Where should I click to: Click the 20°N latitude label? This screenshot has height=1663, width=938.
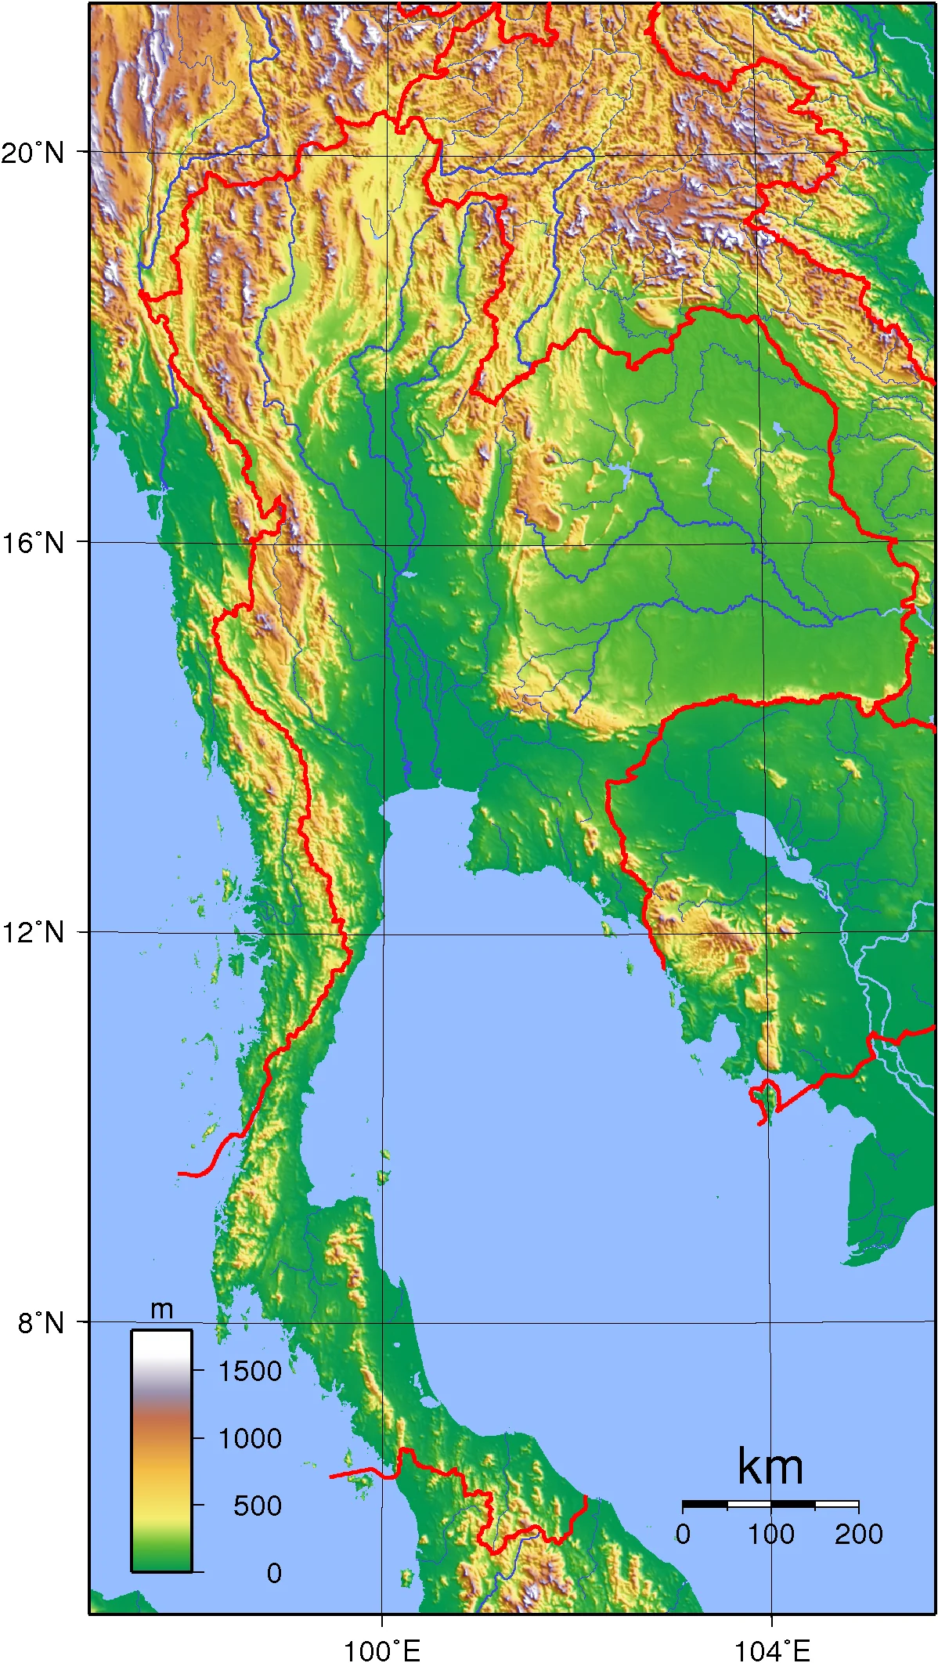(x=33, y=152)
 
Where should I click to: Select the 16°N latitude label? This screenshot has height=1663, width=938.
(x=33, y=542)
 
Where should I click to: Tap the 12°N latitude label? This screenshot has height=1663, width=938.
(x=33, y=932)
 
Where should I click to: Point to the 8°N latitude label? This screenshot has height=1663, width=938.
(x=41, y=1322)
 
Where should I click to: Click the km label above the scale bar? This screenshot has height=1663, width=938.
(x=770, y=1467)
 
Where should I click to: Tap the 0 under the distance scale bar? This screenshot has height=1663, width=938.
(x=684, y=1534)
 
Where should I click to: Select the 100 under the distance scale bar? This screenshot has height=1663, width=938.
(x=771, y=1534)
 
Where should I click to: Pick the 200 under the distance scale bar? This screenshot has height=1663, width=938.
(x=859, y=1534)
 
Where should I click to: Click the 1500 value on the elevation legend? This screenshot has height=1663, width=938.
(x=250, y=1371)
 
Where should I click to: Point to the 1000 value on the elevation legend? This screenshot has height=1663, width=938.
(x=250, y=1438)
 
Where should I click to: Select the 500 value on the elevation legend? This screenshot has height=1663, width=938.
(x=258, y=1506)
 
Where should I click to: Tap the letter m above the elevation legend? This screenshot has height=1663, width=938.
(x=161, y=1309)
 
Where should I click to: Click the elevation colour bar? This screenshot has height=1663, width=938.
(x=161, y=1450)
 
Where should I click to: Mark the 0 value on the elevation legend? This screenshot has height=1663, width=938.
(x=273, y=1573)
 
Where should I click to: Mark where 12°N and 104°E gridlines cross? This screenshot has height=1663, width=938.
(x=770, y=934)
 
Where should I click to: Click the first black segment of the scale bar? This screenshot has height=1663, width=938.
(x=705, y=1505)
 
